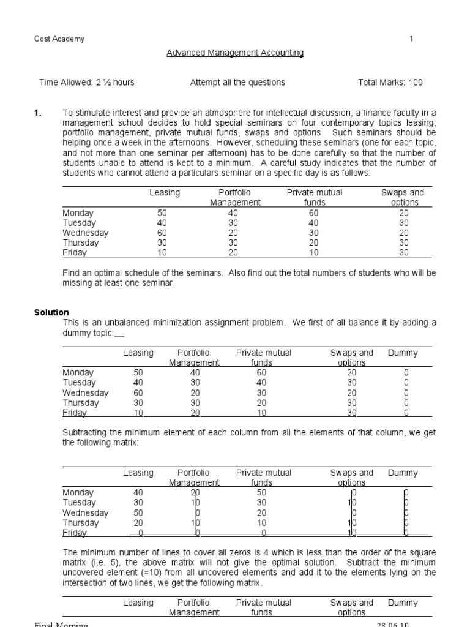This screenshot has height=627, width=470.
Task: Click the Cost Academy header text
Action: (59, 39)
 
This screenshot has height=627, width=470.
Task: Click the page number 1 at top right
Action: (412, 39)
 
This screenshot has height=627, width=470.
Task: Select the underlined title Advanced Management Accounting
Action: (235, 53)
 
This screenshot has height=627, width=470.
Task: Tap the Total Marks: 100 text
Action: (390, 83)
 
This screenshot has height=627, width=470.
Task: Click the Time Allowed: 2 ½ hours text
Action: (87, 83)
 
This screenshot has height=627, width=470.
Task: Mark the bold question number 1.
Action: (37, 113)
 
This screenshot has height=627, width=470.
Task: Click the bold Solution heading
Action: (51, 313)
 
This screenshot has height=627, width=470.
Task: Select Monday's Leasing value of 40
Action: (138, 493)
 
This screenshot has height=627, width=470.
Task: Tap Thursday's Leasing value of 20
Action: (138, 524)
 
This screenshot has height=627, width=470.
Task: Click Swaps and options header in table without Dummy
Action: (402, 198)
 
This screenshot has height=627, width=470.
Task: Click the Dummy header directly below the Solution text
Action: (403, 353)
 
